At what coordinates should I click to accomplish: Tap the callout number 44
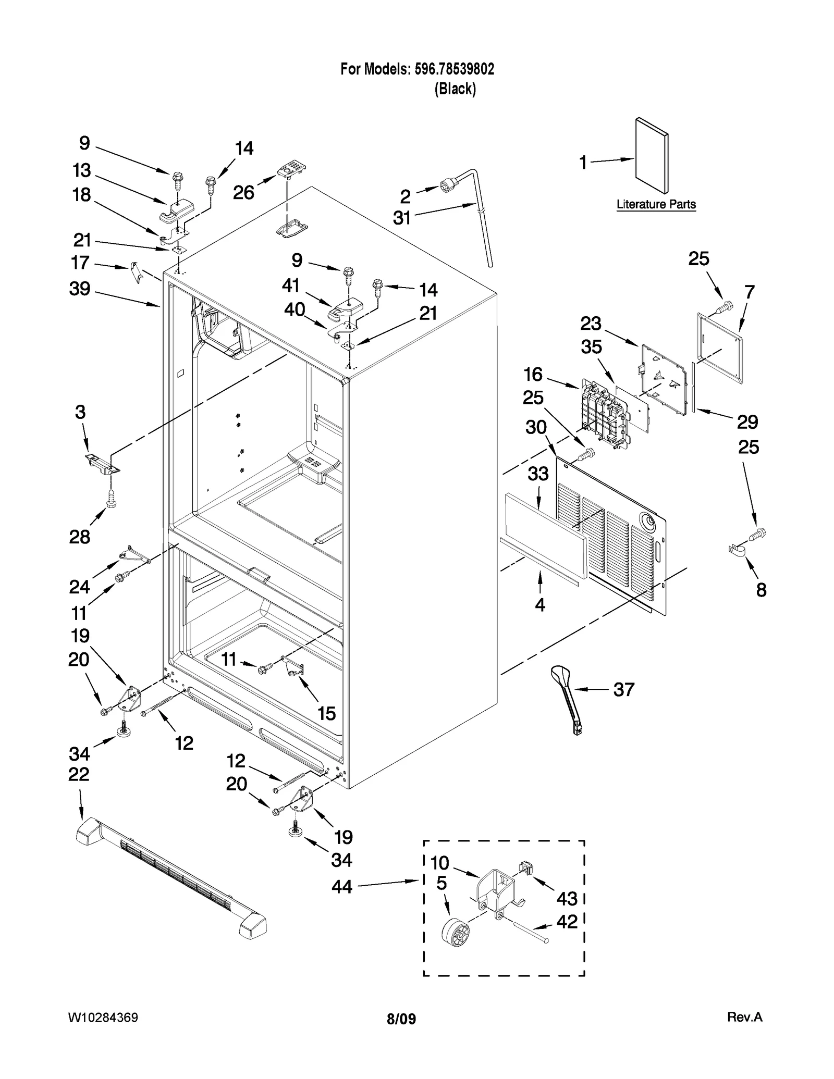tap(342, 886)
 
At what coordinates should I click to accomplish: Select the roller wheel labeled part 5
tap(455, 933)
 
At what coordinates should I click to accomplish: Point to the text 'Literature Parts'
tap(656, 204)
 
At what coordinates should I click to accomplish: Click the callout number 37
tap(623, 689)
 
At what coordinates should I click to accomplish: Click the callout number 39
tap(80, 289)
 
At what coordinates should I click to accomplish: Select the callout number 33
tap(538, 474)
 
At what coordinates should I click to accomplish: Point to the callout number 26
tap(243, 192)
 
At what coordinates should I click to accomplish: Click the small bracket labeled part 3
tap(102, 463)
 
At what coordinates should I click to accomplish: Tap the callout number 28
tap(80, 537)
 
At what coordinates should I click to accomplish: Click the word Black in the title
tap(455, 89)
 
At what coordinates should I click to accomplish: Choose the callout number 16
tap(533, 374)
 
